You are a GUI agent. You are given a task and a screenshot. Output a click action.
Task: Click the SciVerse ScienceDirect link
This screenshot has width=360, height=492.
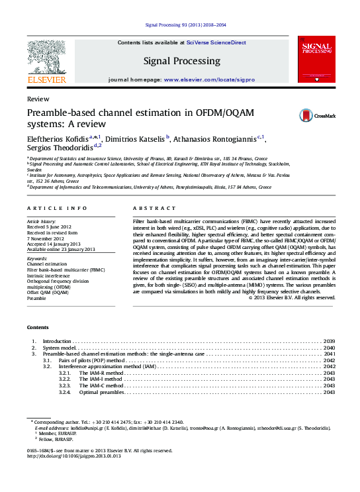click(x=216, y=42)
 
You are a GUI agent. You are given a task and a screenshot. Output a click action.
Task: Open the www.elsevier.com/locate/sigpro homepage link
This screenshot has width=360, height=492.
click(x=208, y=79)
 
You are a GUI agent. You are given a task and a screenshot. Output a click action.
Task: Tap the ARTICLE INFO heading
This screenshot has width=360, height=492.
click(x=57, y=208)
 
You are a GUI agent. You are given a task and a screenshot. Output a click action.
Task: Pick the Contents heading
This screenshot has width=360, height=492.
click(x=38, y=327)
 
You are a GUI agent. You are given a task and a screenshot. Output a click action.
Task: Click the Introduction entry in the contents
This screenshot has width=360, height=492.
click(x=57, y=340)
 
